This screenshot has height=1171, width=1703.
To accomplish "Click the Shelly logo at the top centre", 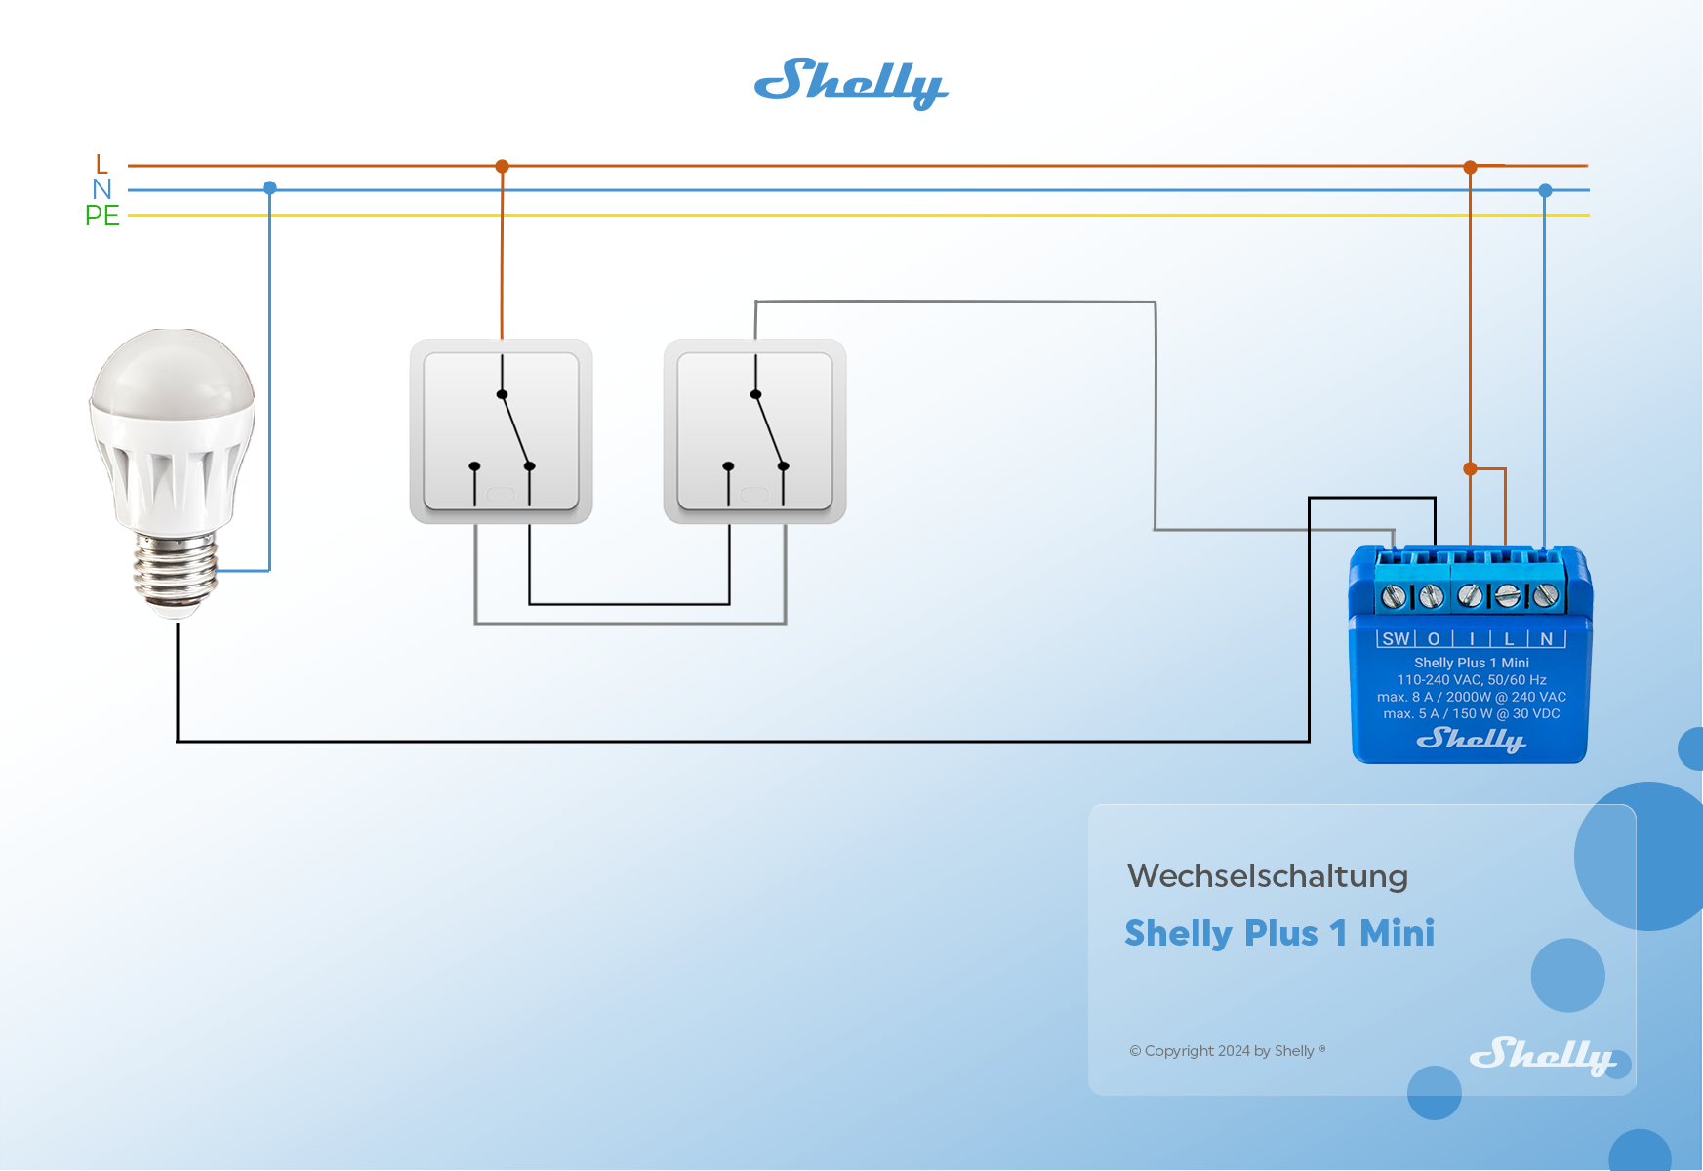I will pos(850,83).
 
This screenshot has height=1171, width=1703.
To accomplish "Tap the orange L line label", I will pos(101,164).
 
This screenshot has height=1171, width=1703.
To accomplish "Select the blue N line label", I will pos(101,189).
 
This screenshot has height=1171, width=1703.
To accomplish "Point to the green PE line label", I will pos(101,216).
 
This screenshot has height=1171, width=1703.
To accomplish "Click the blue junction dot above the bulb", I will pos(270,187).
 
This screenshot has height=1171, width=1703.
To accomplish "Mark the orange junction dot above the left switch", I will pos(502,167).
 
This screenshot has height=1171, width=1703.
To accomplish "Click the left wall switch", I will pos(501,430).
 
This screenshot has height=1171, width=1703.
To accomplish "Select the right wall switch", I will pos(754,430).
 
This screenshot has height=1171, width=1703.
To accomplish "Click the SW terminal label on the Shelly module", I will pos(1396,639).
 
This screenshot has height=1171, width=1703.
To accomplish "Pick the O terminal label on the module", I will pos(1434,639).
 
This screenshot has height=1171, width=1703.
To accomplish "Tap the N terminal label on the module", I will pos(1547,639).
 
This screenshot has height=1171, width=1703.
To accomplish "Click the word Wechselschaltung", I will pos(1267,876).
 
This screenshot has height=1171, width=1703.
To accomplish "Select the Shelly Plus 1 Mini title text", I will pos(1279,933).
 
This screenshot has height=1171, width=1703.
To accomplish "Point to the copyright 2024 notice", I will pos(1227,1051).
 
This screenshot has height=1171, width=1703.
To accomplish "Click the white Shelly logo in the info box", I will pos(1541,1055).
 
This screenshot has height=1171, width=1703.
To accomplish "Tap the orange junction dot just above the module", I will pos(1471,469).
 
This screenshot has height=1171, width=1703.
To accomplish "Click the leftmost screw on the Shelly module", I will pos(1394,595).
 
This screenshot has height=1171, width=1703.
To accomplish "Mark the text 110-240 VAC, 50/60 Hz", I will pos(1471,680).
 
